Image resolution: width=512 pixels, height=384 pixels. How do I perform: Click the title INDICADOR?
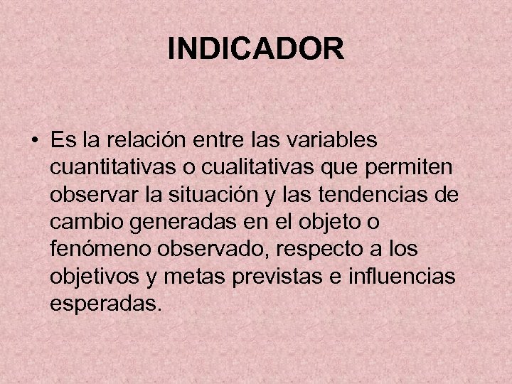tap(256, 49)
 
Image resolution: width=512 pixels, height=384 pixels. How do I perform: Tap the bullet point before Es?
tap(33, 139)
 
